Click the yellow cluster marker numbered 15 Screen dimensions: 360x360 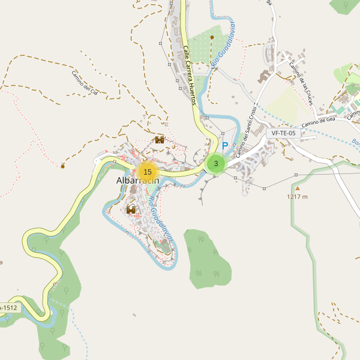(147, 172)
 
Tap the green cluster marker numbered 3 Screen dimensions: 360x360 (215, 163)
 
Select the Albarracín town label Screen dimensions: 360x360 (137, 182)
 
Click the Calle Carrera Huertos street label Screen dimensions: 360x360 (190, 76)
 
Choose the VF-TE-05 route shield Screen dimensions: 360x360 (284, 133)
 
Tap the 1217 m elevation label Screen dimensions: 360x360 (297, 196)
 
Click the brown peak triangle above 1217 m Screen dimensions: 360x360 (296, 188)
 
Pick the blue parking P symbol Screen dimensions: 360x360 (226, 146)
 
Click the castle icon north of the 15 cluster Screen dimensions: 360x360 (160, 140)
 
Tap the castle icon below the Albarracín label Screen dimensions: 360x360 (131, 209)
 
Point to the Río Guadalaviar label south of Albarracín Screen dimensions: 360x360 (161, 218)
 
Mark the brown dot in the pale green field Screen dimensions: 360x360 (212, 37)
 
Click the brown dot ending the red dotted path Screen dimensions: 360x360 (62, 166)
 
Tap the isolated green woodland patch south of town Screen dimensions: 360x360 (207, 256)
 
